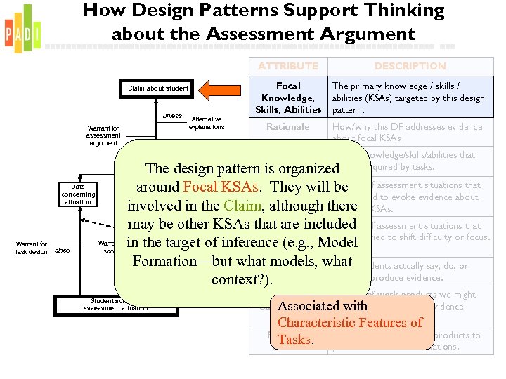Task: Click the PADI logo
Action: (22, 30)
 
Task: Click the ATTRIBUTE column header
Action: (287, 66)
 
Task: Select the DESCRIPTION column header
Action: (410, 66)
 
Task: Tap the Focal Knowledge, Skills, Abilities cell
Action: (288, 98)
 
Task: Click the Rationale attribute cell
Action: (287, 127)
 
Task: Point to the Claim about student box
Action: (158, 88)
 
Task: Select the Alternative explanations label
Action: (207, 124)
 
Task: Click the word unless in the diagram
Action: (172, 116)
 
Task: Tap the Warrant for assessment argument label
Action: (103, 135)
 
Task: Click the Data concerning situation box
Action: (78, 194)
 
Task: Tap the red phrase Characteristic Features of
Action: (349, 323)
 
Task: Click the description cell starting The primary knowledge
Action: (409, 98)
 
